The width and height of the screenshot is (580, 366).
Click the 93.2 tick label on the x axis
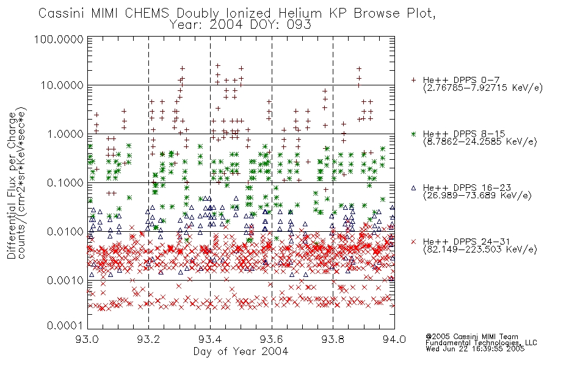pos(149,339)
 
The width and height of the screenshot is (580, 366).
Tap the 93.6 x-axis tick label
pos(272,339)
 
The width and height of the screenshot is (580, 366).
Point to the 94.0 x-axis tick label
pos(394,339)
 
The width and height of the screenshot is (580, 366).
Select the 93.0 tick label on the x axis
pos(87,339)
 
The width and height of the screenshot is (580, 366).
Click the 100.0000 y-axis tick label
pos(59,39)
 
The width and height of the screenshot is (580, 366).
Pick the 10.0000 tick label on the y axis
pos(62,85)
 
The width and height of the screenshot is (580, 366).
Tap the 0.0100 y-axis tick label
pos(65,232)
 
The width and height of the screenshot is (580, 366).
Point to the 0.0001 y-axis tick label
pos(65,325)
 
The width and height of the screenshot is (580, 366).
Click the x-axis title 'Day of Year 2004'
pos(241,351)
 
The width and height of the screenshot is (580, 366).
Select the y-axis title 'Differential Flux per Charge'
pos(12,185)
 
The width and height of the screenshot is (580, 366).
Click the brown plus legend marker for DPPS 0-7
pos(414,80)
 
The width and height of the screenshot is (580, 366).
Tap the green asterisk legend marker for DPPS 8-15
pos(414,134)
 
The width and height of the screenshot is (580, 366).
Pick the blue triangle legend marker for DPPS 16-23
pos(414,188)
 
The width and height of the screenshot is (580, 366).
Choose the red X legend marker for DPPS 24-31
pos(414,242)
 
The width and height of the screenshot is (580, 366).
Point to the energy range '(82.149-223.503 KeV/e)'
pos(480,249)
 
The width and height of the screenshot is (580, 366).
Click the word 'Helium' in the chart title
pos(300,13)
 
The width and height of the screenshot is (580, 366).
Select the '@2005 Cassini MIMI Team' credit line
pos(472,337)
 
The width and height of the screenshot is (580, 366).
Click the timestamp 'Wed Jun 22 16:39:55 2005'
pos(475,348)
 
